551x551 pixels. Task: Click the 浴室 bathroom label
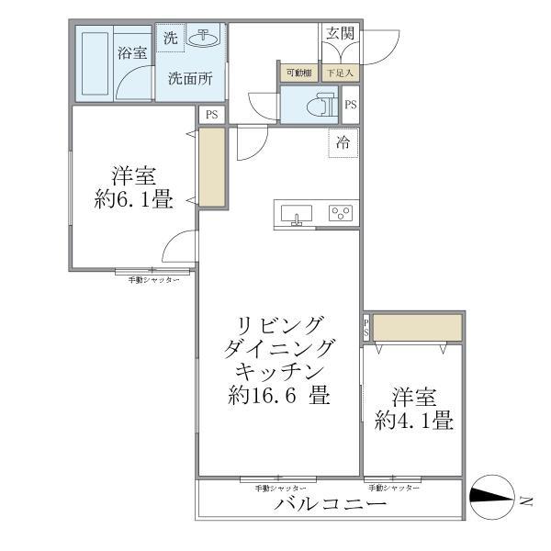132,53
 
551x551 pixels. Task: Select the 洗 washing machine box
170,39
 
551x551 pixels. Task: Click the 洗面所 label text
189,79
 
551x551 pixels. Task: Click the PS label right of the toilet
350,106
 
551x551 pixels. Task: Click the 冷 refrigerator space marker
343,143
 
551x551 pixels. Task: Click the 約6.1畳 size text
133,199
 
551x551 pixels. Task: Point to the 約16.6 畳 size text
280,397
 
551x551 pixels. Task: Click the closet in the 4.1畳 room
416,328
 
